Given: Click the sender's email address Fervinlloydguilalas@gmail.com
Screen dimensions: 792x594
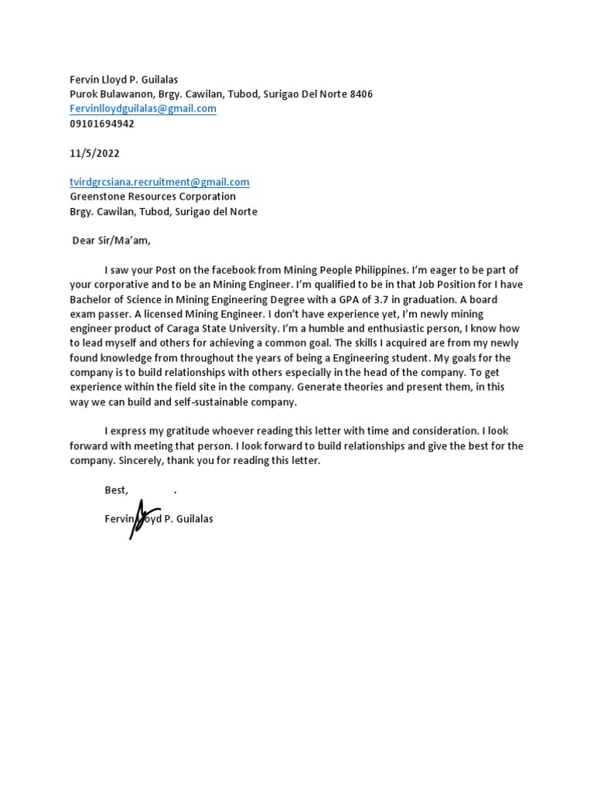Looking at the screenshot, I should (143, 109).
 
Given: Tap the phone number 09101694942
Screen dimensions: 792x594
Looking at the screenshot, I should (102, 124).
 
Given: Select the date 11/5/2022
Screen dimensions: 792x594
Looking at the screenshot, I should (94, 153).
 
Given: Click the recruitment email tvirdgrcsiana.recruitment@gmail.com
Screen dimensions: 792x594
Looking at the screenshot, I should (159, 183).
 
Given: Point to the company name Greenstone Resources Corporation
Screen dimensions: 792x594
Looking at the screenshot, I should (152, 196).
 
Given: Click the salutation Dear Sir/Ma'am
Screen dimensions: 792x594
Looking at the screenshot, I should (111, 241).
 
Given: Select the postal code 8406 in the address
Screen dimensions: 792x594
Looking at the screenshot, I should (361, 94).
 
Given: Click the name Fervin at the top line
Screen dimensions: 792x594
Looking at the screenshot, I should (85, 80).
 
